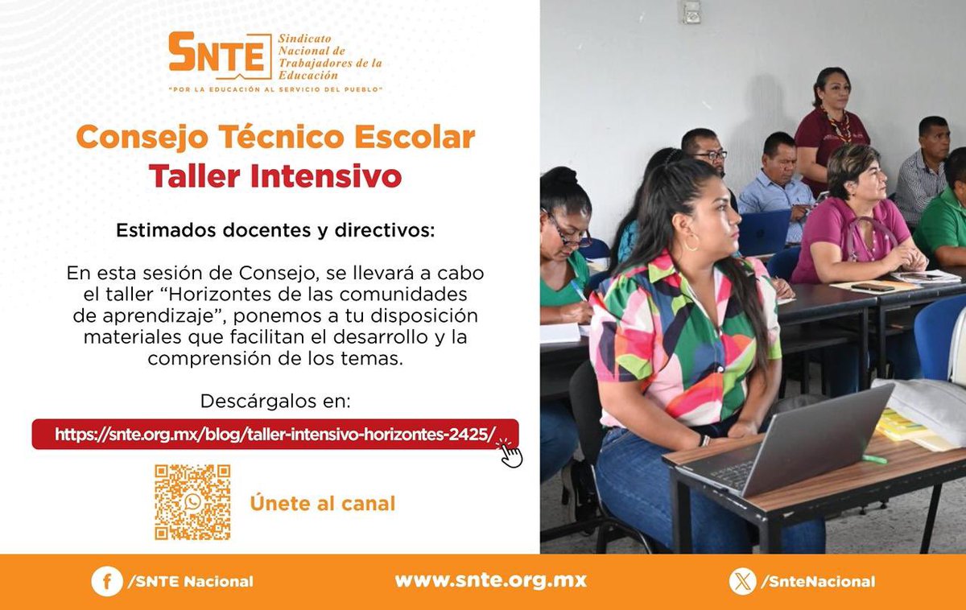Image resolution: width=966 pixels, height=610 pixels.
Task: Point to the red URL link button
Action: [274, 435]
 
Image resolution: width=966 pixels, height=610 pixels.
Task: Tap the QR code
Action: [192, 502]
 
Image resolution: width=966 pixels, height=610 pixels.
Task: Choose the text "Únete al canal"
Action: [322, 504]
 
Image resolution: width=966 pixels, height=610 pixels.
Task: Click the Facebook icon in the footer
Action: [106, 581]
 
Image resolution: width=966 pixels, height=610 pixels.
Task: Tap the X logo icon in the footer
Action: [742, 581]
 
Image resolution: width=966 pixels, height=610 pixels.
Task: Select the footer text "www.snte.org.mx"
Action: [490, 580]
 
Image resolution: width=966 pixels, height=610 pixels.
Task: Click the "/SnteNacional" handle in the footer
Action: [819, 581]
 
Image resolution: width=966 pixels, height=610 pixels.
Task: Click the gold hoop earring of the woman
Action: [691, 241]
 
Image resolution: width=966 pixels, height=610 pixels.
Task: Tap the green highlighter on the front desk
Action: [874, 460]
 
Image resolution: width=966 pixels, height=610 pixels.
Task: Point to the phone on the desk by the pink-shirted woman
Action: [873, 287]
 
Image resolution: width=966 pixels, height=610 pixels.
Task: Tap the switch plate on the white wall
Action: [691, 11]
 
